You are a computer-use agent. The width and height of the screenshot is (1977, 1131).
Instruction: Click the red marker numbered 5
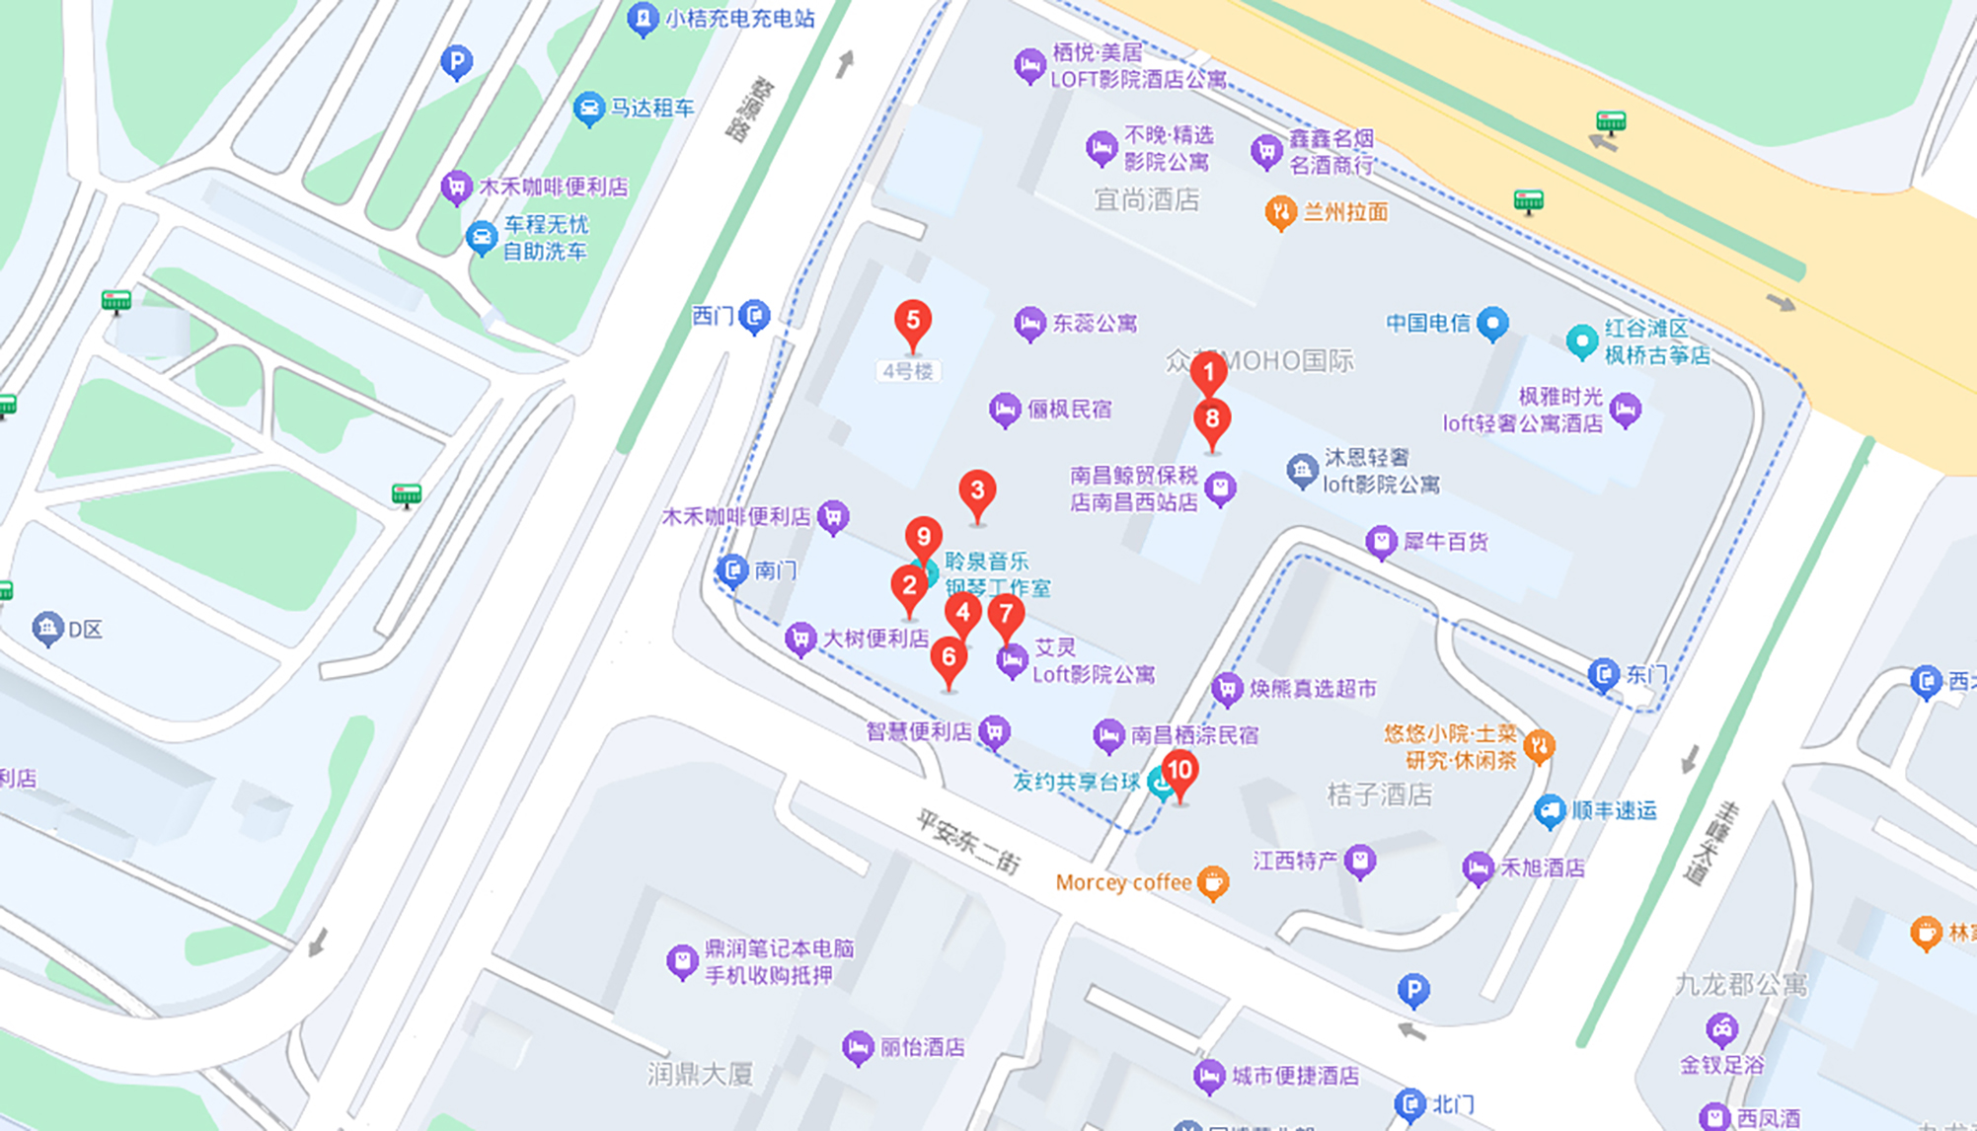click(913, 322)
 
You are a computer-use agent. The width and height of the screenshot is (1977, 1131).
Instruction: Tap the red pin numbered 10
click(1179, 771)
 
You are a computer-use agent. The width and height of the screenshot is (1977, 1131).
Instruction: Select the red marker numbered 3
click(977, 491)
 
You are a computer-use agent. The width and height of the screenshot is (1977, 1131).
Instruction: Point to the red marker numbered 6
click(949, 657)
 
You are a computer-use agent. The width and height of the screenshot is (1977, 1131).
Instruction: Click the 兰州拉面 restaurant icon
click(1280, 211)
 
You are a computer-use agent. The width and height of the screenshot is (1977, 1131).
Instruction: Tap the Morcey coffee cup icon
click(1213, 882)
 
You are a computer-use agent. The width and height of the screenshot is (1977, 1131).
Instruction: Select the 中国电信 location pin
click(1492, 322)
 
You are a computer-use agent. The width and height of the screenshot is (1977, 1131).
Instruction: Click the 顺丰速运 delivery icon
click(1549, 811)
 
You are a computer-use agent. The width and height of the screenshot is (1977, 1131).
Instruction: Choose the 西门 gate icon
click(755, 316)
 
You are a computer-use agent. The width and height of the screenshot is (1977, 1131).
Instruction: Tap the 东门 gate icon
click(1604, 674)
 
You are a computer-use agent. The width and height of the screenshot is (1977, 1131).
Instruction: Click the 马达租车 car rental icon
click(588, 108)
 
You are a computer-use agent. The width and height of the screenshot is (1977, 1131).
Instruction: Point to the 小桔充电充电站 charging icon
click(643, 18)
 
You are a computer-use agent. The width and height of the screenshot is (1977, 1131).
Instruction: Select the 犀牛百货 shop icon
click(1381, 541)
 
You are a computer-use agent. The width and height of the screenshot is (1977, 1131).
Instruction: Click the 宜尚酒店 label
click(1146, 200)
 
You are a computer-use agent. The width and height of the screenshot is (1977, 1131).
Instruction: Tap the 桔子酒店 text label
click(1379, 794)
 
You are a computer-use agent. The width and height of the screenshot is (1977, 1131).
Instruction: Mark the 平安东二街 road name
click(967, 841)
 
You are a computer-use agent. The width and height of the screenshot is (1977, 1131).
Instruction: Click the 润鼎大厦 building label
click(700, 1074)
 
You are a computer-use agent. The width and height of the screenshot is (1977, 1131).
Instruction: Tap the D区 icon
click(47, 628)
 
